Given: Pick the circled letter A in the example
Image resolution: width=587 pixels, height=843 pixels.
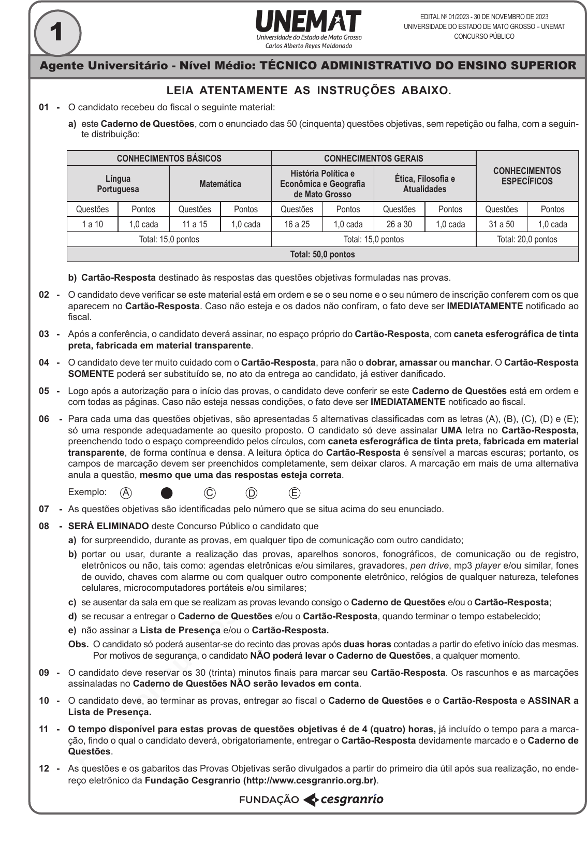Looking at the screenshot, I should (x=125, y=493).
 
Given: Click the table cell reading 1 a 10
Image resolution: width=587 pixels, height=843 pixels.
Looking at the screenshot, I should (x=92, y=224).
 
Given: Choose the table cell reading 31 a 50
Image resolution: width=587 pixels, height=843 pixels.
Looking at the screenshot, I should (x=501, y=224).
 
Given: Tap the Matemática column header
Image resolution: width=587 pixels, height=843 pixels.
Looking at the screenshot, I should (x=220, y=184).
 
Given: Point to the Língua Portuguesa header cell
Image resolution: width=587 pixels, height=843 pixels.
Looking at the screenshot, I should (x=118, y=184).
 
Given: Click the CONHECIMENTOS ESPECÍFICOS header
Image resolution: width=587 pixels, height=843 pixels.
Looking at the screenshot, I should (x=527, y=176).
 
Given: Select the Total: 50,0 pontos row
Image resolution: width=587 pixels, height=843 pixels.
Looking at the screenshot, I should (x=322, y=254).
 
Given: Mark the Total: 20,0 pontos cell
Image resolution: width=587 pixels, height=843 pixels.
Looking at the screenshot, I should (x=527, y=239).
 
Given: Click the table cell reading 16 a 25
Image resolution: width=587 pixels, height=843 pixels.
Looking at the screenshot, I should (x=297, y=224).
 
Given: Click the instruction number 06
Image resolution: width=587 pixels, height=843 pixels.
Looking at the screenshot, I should (x=44, y=419).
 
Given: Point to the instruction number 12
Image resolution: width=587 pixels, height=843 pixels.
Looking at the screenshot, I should (x=44, y=768).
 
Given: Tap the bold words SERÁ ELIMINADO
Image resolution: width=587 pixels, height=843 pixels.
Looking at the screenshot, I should (x=109, y=526).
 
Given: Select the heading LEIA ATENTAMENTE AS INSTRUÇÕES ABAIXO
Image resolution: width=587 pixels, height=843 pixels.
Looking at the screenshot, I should (x=309, y=91).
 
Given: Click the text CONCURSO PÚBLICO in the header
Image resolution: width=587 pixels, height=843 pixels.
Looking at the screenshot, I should (x=484, y=37).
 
